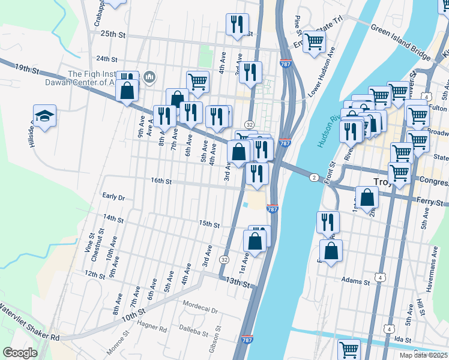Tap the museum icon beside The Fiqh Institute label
[x=149, y=76]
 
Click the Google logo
[x=20, y=353]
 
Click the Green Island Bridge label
[x=400, y=42]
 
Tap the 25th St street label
[x=113, y=35]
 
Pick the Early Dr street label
[x=113, y=197]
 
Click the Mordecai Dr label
[x=200, y=304]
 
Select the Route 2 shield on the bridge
[x=313, y=178]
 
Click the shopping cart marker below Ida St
[x=349, y=349]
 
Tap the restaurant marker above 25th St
[x=237, y=24]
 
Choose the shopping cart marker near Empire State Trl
[x=314, y=42]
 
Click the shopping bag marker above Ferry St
[x=366, y=197]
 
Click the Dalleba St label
[x=193, y=331]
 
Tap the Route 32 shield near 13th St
[x=224, y=260]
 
